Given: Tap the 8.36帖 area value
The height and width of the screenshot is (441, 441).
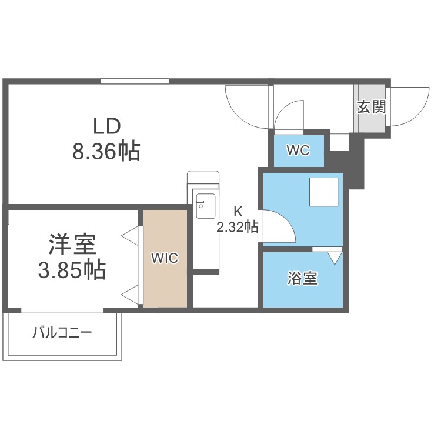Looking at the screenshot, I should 106,152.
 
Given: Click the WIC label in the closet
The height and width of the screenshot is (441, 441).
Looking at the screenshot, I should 164,258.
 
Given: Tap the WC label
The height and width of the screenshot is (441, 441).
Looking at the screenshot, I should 298,151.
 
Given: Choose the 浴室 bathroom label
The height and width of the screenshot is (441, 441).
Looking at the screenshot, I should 303,279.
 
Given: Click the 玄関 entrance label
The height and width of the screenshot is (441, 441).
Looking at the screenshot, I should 371,108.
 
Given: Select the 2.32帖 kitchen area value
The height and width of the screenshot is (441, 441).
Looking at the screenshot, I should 238,226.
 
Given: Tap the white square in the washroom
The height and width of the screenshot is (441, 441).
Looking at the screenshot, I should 324,192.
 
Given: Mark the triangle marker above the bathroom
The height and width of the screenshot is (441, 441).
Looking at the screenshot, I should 335,258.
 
